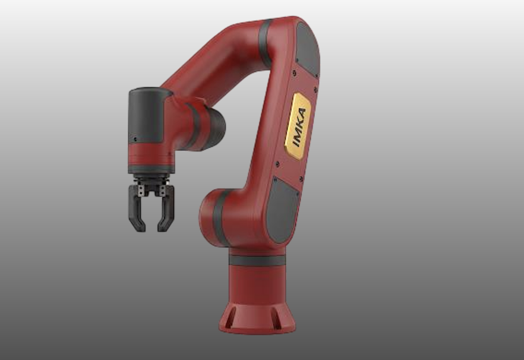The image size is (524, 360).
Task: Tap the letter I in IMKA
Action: (x=295, y=141)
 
